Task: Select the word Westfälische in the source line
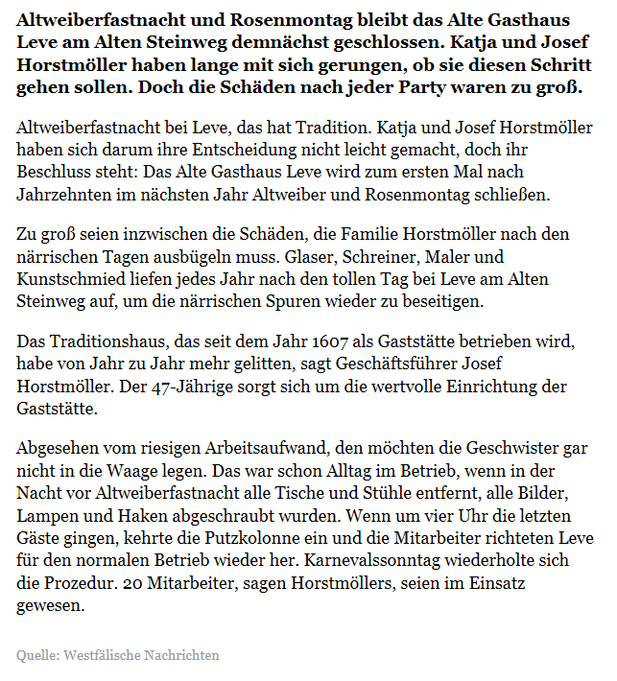pyautogui.click(x=104, y=655)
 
